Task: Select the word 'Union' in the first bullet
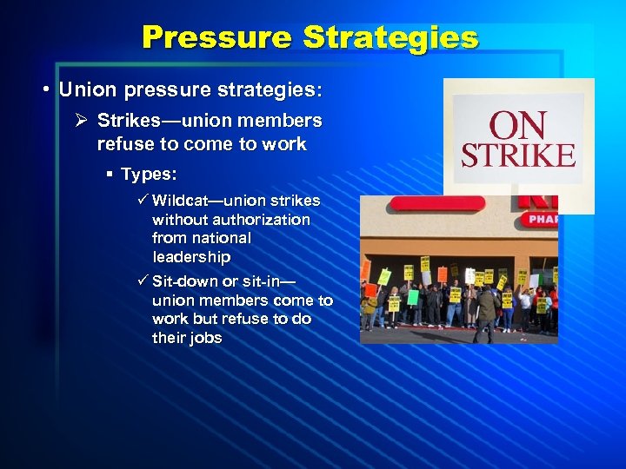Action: (x=83, y=90)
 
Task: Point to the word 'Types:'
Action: (x=149, y=175)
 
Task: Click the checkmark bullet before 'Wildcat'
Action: (x=143, y=201)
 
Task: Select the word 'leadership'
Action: (x=191, y=257)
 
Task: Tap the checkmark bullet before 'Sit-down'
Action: (x=143, y=281)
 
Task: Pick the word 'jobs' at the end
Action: (x=204, y=338)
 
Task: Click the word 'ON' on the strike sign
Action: (x=517, y=125)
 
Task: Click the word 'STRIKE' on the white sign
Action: (x=517, y=155)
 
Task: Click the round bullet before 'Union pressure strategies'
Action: (x=43, y=90)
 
